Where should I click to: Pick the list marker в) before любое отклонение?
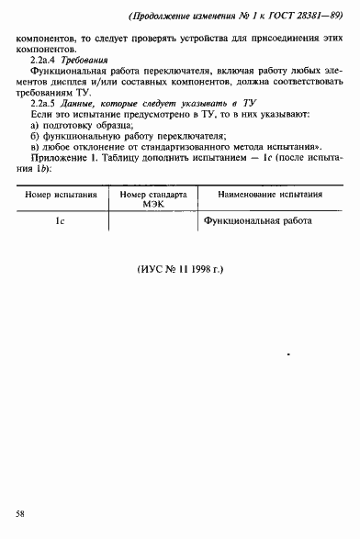35,171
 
